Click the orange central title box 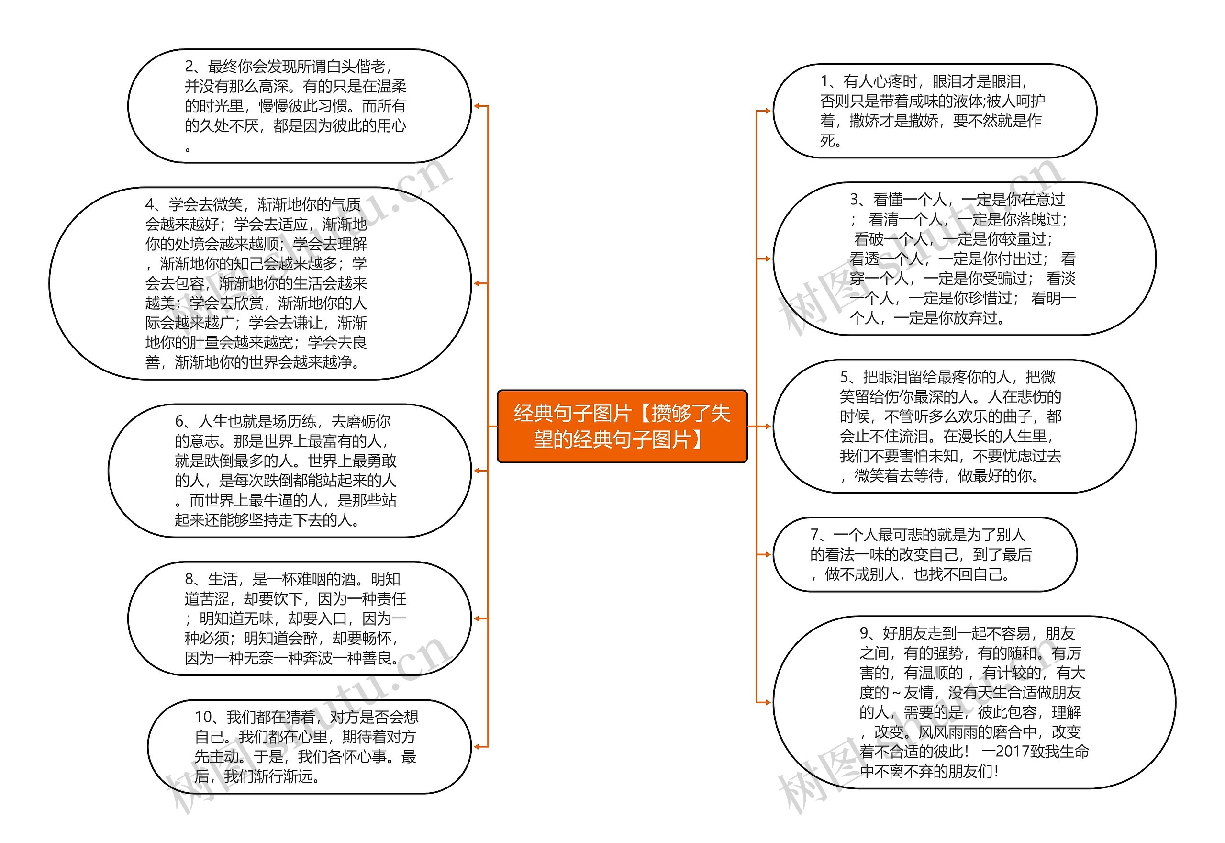(622, 426)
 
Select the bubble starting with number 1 (934, 111)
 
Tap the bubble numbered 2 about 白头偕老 (299, 106)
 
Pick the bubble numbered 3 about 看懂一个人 (964, 259)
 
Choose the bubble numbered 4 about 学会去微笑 (260, 283)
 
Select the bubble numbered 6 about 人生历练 (290, 471)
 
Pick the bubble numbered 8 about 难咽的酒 (299, 618)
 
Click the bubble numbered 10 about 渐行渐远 (309, 746)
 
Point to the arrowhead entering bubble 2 (476, 106)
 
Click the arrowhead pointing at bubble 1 (767, 111)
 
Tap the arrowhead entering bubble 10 (476, 746)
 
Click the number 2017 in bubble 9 (1013, 752)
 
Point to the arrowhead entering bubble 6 (476, 471)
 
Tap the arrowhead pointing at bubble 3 (767, 259)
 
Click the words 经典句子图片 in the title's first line (573, 413)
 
